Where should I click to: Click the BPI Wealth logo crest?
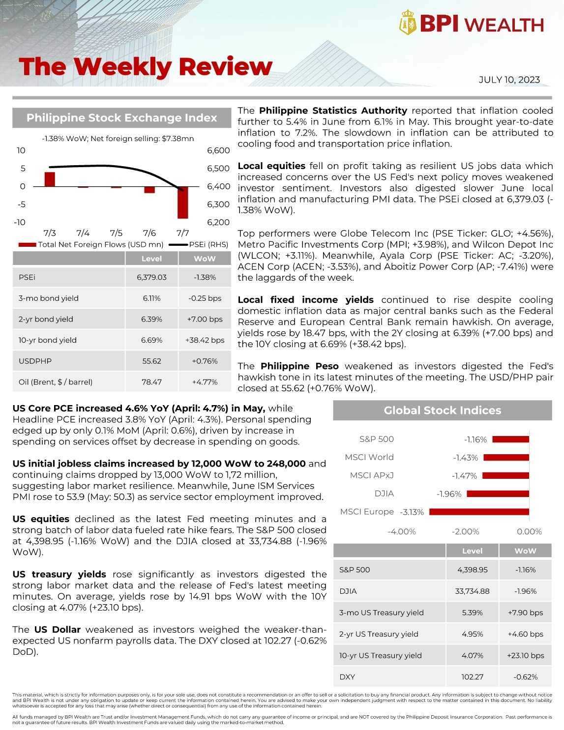(x=408, y=23)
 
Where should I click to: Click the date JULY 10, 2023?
(x=509, y=80)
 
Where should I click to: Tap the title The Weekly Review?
(x=146, y=67)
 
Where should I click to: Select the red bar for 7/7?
(x=182, y=203)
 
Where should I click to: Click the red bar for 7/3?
(x=50, y=179)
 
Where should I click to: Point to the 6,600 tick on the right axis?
(x=218, y=150)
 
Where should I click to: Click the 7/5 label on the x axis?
(x=116, y=233)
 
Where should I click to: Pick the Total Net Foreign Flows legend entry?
(x=90, y=244)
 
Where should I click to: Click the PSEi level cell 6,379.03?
(x=151, y=277)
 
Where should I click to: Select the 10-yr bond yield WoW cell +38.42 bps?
(x=205, y=340)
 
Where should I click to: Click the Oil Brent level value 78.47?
(x=151, y=382)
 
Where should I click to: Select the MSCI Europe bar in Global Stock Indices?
(x=479, y=512)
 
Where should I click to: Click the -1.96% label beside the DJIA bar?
(x=449, y=494)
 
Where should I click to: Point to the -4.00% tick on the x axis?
(x=402, y=531)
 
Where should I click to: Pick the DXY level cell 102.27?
(x=472, y=677)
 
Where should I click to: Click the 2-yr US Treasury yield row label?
(x=379, y=634)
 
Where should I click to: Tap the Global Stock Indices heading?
(x=442, y=410)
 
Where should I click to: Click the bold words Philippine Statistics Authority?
(x=333, y=111)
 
